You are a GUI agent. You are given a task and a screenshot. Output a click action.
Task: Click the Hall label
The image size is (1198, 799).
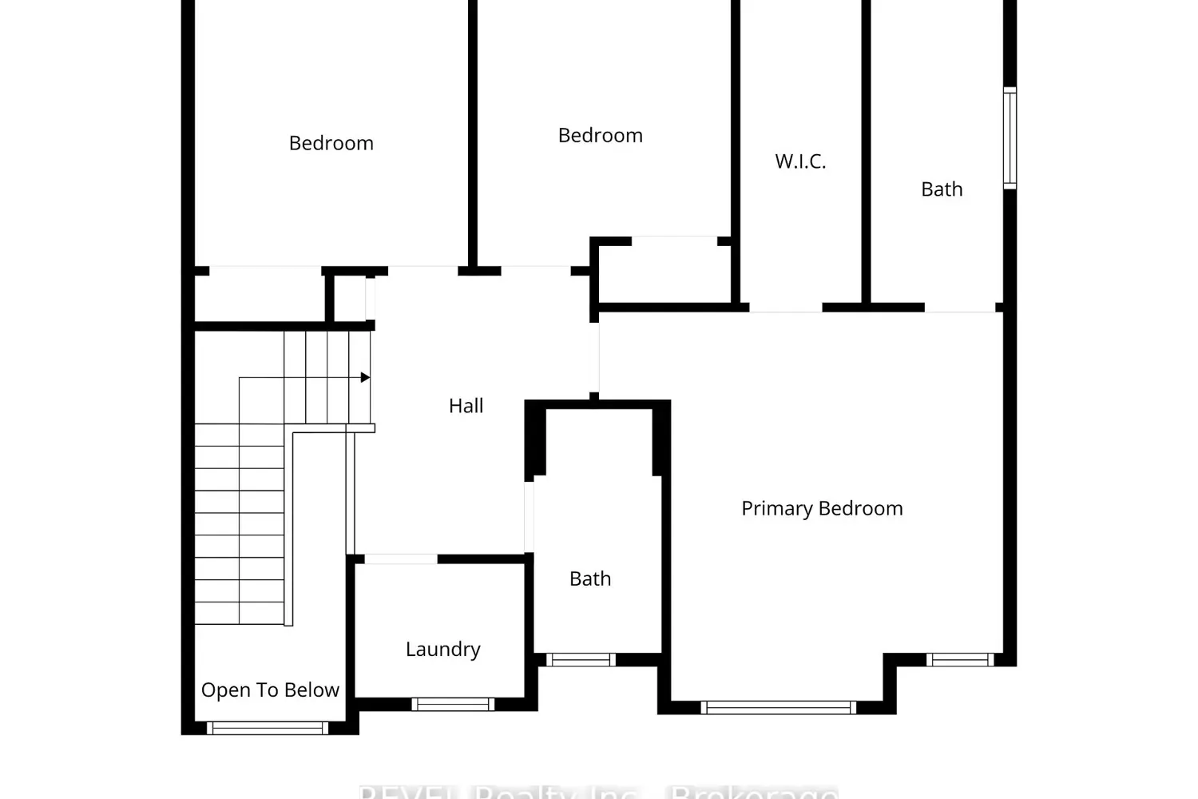[x=466, y=406]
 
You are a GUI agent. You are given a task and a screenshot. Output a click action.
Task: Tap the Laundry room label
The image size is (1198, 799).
[x=442, y=649]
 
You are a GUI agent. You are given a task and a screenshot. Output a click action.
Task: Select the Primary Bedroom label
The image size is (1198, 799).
[x=822, y=508]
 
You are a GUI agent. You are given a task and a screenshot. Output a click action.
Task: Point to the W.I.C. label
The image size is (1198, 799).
[x=800, y=161]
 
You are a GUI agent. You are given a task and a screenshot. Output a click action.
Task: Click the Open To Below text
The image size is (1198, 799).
[x=270, y=690]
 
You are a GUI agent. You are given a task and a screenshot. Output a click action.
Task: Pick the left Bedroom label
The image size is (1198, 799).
[x=331, y=143]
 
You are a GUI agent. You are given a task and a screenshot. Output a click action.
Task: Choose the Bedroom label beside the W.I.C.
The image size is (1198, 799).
[x=600, y=135]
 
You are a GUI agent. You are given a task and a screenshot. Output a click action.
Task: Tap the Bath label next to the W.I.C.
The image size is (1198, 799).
[x=942, y=189]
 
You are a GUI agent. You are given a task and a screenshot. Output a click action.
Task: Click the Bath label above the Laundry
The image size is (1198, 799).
[x=590, y=578]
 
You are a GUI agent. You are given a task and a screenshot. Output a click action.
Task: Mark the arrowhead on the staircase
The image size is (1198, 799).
[x=365, y=377]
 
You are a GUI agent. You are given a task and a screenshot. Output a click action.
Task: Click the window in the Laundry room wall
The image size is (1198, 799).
[x=453, y=704]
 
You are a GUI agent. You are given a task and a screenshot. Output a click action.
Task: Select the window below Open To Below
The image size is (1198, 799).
[x=268, y=728]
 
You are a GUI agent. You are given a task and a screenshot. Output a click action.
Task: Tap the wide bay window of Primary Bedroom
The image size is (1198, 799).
[x=778, y=707]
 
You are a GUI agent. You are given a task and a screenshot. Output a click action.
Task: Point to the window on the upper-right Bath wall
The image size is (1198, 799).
[x=1010, y=138]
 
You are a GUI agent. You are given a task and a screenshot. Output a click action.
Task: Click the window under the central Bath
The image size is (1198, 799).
[x=581, y=660]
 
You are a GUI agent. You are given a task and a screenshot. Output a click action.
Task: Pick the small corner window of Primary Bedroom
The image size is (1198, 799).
[x=960, y=660]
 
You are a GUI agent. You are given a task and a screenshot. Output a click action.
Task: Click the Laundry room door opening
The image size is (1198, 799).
[x=401, y=559]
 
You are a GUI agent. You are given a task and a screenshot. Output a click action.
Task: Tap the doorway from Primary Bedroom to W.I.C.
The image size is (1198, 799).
[x=786, y=308]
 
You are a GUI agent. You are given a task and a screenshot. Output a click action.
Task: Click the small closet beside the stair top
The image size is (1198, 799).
[x=349, y=298]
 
